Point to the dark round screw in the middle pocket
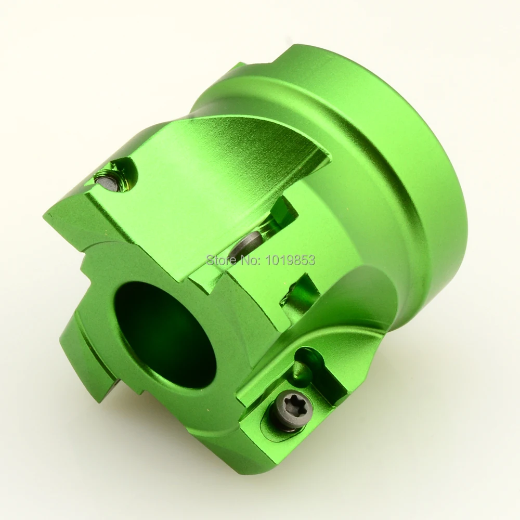point(245,244)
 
